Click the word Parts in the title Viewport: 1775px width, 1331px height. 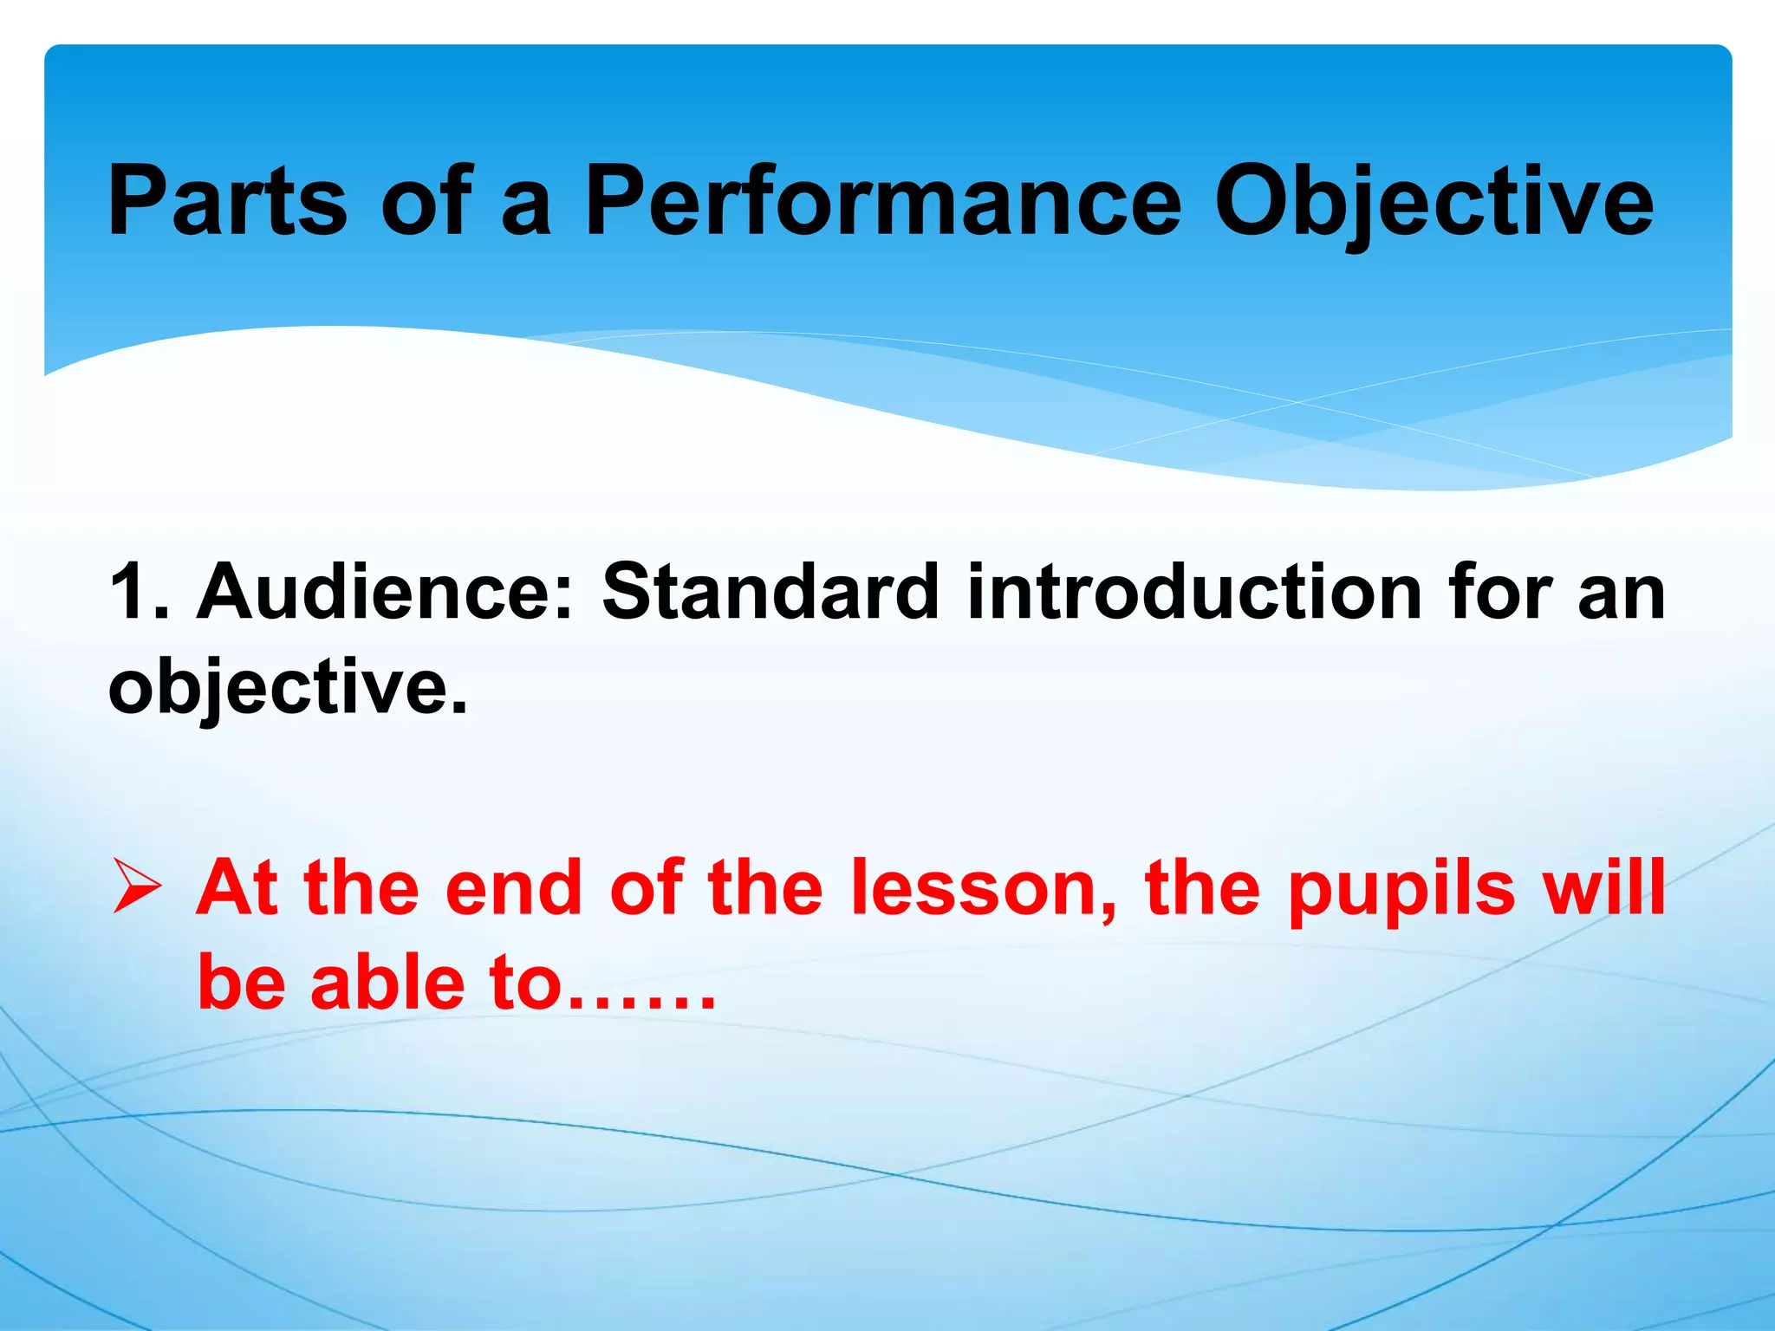227,201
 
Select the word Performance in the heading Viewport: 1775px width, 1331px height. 882,201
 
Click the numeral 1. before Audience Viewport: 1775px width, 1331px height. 137,592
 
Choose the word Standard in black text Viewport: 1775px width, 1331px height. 770,592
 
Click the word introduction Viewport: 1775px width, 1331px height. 1194,592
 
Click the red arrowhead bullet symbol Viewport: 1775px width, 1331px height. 137,887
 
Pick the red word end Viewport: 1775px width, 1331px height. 513,887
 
